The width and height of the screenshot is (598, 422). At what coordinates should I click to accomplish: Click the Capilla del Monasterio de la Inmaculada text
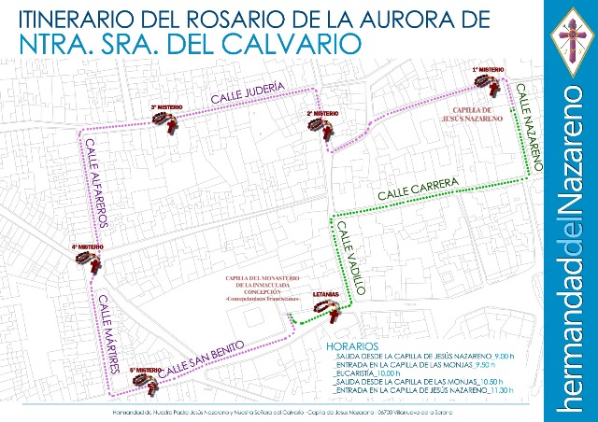[256, 288]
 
